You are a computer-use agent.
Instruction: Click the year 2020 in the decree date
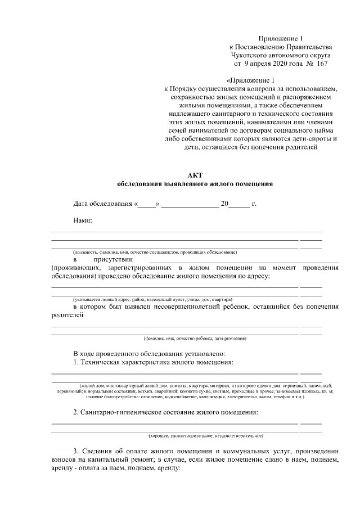click(x=272, y=64)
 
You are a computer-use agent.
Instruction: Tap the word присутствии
click(x=113, y=259)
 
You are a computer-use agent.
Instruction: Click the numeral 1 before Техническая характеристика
click(x=75, y=362)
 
